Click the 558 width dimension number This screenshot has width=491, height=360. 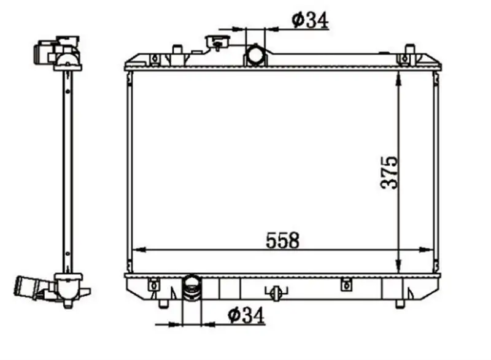click(282, 240)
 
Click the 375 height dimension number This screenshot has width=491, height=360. click(389, 172)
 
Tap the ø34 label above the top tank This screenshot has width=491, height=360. click(310, 20)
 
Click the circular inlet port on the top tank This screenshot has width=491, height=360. click(255, 55)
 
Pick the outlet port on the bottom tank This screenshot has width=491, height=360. click(191, 287)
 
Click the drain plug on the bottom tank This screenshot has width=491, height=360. click(276, 293)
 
